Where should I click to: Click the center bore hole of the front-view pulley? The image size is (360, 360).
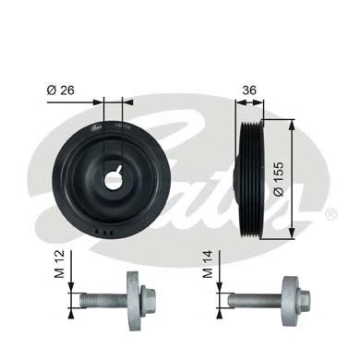(x=112, y=177)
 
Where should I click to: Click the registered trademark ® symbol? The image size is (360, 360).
(x=331, y=213)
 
